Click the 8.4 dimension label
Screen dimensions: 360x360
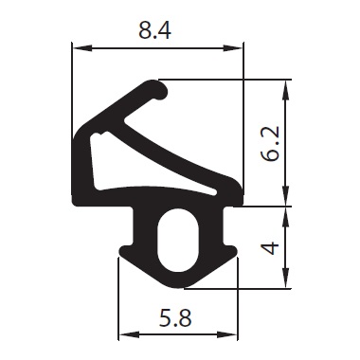pos(154,31)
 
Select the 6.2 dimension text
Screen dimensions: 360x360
pos(270,144)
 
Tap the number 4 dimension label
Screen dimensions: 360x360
pos(271,248)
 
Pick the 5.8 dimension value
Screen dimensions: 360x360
pos(175,318)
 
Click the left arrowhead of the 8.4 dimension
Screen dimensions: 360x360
pos(82,48)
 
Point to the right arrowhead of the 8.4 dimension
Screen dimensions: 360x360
pos(233,48)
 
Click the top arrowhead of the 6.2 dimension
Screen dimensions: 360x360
pos(285,89)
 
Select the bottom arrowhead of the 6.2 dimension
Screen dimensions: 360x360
pos(285,196)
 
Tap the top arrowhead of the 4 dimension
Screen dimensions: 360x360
pos(285,217)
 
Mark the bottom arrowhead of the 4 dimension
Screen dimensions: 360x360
pos(285,278)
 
